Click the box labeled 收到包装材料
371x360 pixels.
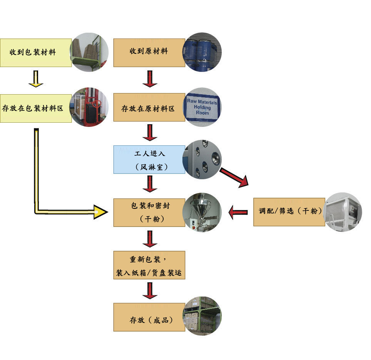pos(36,53)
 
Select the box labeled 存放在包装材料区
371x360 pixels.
pos(36,108)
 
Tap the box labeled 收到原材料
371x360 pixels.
pos(149,53)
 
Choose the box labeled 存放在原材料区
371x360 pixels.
pos(149,107)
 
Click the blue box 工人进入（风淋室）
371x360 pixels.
pos(149,160)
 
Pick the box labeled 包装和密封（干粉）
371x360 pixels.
pos(149,213)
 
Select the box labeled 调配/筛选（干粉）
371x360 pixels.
pos(289,212)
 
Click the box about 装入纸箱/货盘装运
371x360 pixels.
pos(149,265)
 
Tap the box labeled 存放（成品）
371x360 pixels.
pos(149,317)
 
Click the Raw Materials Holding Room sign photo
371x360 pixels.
pos(202,107)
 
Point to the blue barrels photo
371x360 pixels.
pos(202,52)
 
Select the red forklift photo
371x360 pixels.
pos(89,107)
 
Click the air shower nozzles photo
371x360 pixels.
pos(202,159)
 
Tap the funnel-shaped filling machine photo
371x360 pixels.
pos(202,212)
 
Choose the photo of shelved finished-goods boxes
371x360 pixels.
pos(202,316)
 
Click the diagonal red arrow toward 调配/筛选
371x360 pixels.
pos(234,177)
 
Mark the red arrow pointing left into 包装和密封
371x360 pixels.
pos(238,212)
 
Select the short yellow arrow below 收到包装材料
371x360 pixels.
pos(36,79)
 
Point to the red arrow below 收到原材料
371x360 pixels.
pos(150,79)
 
